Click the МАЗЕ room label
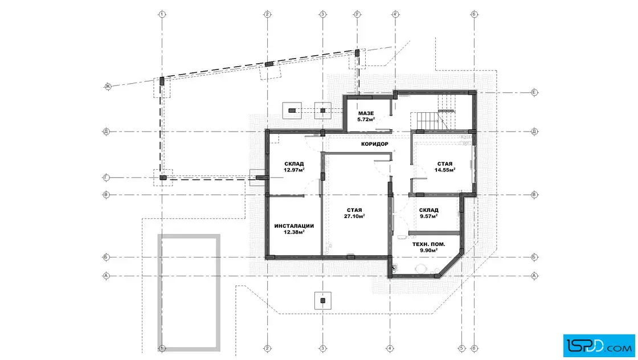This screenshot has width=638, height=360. (366, 113)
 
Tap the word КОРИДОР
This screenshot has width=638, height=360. (375, 144)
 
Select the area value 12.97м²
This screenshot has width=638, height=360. (294, 170)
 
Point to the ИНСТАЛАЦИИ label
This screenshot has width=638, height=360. (294, 226)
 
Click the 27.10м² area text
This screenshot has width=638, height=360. (354, 216)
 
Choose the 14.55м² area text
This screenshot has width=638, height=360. (445, 170)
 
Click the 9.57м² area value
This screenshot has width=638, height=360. (429, 216)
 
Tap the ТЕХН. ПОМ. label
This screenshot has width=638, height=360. (429, 244)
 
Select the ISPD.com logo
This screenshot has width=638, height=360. (599, 346)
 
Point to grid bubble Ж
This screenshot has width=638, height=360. (108, 86)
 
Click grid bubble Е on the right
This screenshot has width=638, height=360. (534, 92)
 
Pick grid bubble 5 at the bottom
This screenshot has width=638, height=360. (461, 348)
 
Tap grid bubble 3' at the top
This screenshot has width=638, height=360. (357, 14)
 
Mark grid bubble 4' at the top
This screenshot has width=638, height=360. (395, 14)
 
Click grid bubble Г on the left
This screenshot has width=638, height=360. (106, 177)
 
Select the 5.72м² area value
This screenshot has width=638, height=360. (366, 120)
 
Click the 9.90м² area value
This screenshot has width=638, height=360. (429, 251)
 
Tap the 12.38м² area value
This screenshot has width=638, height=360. (294, 232)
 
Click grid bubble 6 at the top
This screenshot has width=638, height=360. (474, 14)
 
